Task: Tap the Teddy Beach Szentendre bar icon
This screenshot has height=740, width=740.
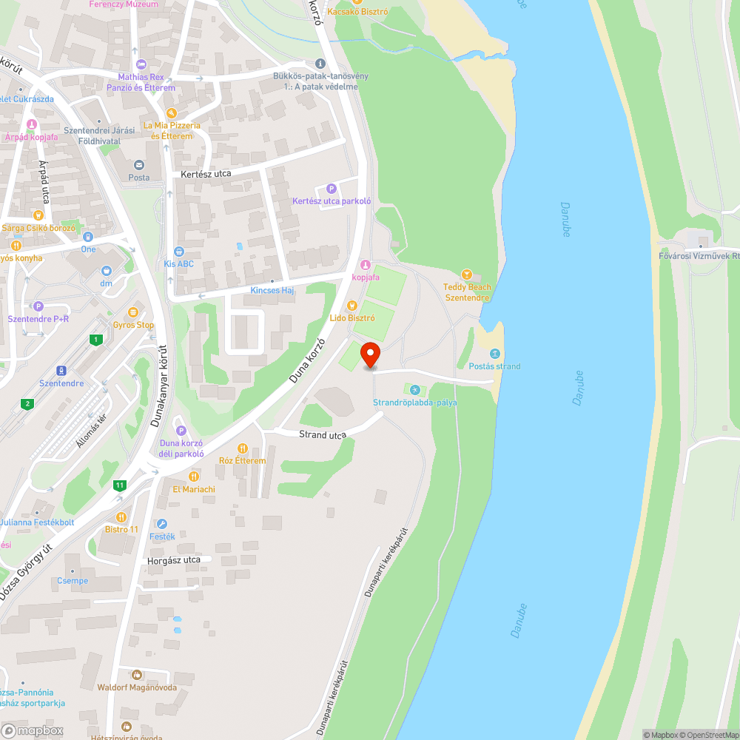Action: pos(466,275)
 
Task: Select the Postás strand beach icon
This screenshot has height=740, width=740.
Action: pos(495,354)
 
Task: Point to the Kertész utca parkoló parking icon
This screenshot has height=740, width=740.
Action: pos(331,189)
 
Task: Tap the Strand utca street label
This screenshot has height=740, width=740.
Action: pos(323,434)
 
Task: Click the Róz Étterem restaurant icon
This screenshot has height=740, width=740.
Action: pos(242,448)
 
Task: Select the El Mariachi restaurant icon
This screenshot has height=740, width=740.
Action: pos(194,477)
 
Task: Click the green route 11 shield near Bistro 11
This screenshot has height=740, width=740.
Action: pos(119,485)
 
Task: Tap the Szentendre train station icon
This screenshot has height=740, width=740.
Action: pos(61,371)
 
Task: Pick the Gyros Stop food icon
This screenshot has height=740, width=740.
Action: pos(133,312)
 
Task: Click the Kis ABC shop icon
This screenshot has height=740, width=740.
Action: pos(178,252)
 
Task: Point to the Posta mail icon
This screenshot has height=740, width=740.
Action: pos(138,165)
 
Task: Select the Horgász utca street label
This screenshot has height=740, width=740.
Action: pos(174,559)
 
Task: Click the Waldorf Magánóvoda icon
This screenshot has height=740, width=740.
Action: pos(136,674)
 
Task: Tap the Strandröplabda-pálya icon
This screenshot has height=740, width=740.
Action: pos(414,390)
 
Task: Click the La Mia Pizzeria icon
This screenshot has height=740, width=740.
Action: pos(172,113)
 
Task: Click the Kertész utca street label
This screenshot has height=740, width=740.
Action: pos(206,173)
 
